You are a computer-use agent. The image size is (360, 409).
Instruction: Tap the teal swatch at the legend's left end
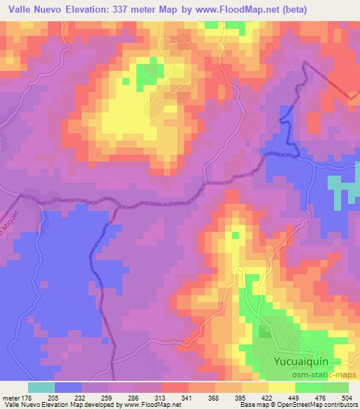[41, 387]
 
